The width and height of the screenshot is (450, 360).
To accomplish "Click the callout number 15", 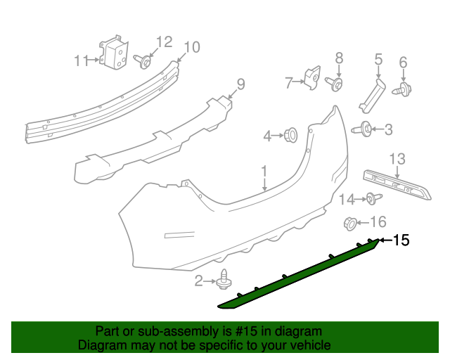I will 401,240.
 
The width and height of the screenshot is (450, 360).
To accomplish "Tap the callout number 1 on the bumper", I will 264,171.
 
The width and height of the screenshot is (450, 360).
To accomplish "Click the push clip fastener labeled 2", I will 224,280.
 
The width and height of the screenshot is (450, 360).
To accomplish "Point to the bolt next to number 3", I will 366,129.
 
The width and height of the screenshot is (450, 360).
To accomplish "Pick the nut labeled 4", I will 290,134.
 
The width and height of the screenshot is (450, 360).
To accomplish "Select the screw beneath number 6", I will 404,89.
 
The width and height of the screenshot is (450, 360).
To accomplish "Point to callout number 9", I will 240,85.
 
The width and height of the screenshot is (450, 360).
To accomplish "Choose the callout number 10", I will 191,47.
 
